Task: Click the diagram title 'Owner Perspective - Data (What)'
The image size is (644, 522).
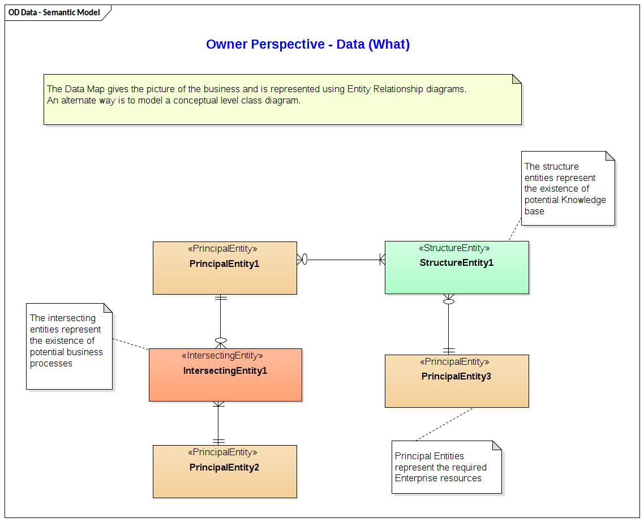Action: pos(307,44)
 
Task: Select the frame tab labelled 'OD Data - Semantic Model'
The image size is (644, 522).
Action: pos(54,12)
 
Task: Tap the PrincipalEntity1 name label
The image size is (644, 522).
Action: pos(224,264)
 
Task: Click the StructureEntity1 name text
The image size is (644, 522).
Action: pos(456,262)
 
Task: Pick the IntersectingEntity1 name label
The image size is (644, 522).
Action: pos(225,371)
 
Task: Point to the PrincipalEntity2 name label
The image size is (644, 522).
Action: pos(224,467)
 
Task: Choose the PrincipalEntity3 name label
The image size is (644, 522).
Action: pos(456,376)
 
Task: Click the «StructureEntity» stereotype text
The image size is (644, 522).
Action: pos(454,248)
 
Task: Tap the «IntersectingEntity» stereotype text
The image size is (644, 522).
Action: pos(222,356)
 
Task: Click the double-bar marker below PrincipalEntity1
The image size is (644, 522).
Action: pos(221,298)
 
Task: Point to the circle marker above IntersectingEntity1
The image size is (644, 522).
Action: pos(221,340)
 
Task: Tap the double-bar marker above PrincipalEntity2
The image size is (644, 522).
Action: pos(218,441)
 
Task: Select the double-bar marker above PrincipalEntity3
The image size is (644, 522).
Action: pos(449,350)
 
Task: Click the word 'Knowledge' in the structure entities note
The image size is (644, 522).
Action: pos(583,200)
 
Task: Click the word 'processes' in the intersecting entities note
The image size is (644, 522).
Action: pos(51,363)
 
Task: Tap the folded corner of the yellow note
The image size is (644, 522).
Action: pos(516,79)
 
